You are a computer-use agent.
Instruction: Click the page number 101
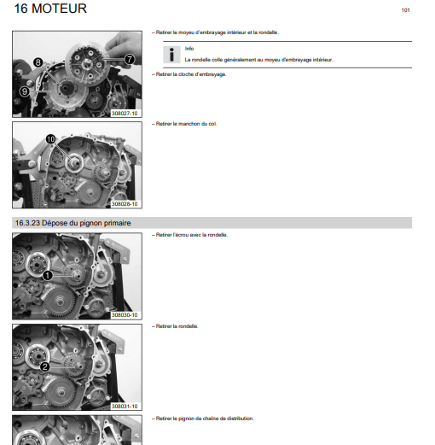tap(405, 10)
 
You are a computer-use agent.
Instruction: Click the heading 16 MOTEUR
tap(50, 9)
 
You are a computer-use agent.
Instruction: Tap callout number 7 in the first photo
tap(130, 59)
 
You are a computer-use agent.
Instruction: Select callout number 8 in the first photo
tap(38, 62)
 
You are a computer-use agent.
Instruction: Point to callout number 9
tap(25, 91)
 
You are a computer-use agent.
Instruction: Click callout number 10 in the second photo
tap(50, 139)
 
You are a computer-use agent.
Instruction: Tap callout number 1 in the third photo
tap(48, 275)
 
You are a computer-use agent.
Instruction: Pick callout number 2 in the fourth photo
tap(45, 366)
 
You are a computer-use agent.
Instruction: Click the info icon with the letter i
tap(171, 55)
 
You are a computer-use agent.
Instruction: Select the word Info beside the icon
tap(189, 49)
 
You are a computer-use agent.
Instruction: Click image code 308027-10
tap(125, 114)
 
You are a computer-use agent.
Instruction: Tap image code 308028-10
tap(125, 204)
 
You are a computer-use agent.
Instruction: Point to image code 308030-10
tap(125, 315)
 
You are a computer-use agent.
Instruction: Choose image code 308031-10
tap(125, 407)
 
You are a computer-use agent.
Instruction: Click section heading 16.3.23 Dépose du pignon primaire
tap(73, 223)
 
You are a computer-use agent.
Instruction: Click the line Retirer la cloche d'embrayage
tap(189, 74)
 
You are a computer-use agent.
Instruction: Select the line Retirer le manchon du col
tap(184, 124)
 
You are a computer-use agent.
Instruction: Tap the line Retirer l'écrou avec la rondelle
tap(189, 235)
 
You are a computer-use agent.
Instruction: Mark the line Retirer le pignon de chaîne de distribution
tap(203, 419)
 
